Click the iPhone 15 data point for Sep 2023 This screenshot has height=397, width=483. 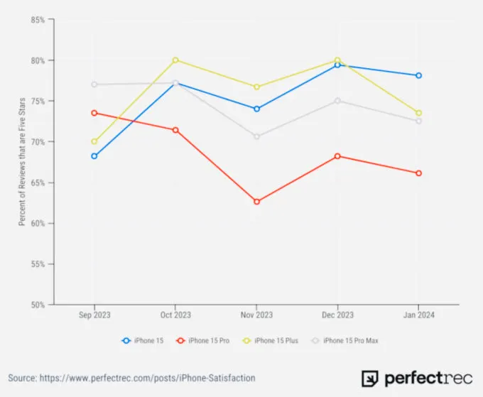click(x=94, y=156)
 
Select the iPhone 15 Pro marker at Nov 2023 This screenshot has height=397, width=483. click(x=256, y=202)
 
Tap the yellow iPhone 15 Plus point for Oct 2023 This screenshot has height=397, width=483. click(x=175, y=60)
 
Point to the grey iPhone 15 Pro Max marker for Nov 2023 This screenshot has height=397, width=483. click(x=256, y=136)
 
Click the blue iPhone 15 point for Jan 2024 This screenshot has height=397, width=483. click(x=419, y=75)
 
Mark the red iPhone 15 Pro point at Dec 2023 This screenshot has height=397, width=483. click(x=337, y=156)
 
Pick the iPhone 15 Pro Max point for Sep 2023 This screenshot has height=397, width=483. click(x=94, y=85)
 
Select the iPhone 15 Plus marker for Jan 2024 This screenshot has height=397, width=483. click(x=419, y=113)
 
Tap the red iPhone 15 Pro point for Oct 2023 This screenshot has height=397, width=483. click(x=175, y=130)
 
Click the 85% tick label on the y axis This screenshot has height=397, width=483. click(x=38, y=20)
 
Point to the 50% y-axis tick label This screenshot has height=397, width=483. click(x=38, y=305)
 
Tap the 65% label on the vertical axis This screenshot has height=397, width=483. click(x=38, y=183)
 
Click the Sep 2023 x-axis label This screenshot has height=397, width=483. click(x=94, y=315)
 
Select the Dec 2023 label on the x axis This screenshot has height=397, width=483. click(x=337, y=315)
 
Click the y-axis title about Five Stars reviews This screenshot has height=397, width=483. click(x=22, y=162)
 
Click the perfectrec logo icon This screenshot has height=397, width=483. click(x=369, y=378)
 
